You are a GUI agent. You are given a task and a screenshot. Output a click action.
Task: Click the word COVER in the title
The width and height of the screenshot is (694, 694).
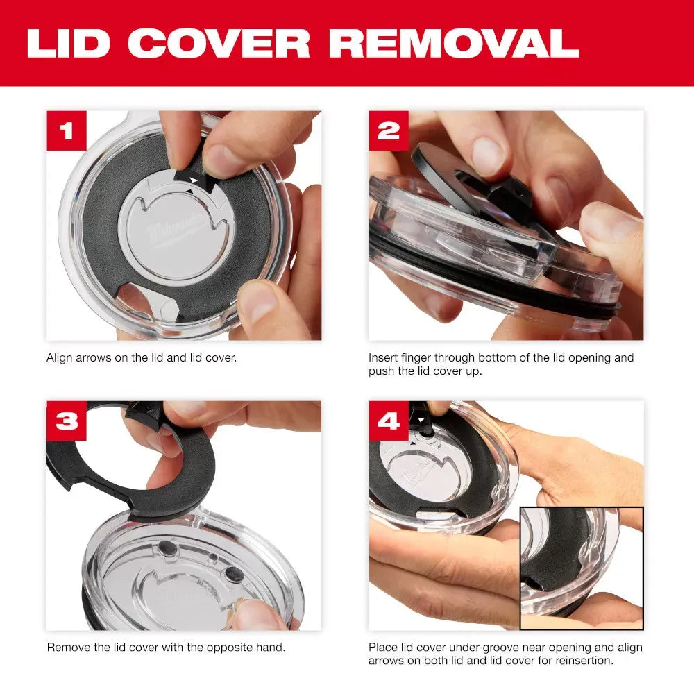coord(219,43)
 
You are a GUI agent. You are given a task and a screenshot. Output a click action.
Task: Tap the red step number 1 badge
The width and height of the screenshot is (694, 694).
coord(67,131)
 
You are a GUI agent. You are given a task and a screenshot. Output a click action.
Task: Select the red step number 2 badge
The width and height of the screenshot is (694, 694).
coord(389,131)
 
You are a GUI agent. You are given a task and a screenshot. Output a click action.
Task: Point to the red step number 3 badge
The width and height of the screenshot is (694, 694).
coord(67,421)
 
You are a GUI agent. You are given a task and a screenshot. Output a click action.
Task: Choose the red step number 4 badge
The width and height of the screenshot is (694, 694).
coord(389,421)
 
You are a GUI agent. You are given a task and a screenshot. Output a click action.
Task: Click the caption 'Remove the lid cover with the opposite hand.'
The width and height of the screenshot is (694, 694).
coord(166,647)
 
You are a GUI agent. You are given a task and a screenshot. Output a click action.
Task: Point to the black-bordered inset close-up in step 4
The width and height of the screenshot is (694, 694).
coord(582,561)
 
